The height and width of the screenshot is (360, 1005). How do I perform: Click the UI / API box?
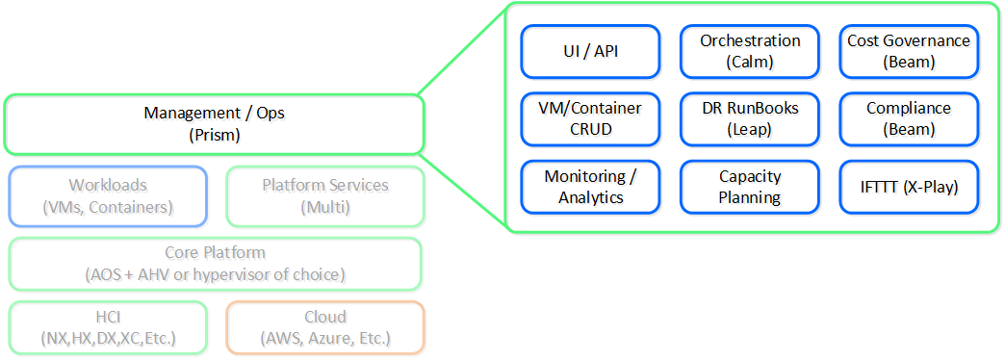pos(590,51)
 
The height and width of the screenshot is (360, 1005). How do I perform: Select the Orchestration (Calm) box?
pos(750,51)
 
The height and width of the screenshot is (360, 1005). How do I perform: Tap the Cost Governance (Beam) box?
pos(909,51)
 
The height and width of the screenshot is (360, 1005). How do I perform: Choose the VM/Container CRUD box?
pos(590,118)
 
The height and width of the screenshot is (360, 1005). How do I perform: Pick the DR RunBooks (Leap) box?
pos(750,118)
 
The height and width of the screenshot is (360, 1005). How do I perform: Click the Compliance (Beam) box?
pos(909,118)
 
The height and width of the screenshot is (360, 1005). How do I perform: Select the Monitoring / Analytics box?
pos(590,187)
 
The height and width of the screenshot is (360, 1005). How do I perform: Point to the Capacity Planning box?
pos(750,187)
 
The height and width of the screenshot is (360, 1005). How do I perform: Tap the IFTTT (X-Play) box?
pos(909,187)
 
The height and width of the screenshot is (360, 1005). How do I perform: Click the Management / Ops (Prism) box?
pos(214,124)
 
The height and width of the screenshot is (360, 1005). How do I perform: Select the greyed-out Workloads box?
pos(108,195)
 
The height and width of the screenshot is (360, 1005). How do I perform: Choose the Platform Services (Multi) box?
pos(324,195)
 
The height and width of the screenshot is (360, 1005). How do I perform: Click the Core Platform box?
pos(214,264)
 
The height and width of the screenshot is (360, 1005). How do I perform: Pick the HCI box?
pos(108,327)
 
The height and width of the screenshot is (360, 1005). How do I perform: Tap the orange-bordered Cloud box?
pos(324,327)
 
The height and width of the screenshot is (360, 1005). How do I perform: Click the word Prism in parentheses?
pos(214,135)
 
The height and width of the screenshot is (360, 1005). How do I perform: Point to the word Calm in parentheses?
pos(750,62)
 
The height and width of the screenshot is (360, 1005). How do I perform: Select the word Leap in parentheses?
pos(750,129)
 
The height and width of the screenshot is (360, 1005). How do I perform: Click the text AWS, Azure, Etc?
pos(324,338)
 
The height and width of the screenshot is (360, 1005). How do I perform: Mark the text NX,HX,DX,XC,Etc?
pos(108,338)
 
